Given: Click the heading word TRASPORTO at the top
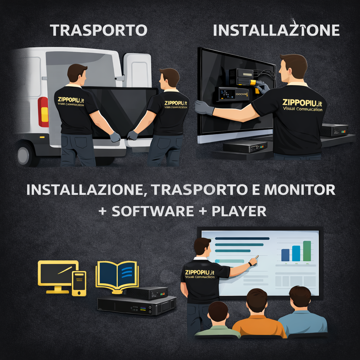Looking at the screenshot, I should click(98, 30).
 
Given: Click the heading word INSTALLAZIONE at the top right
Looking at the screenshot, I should click(276, 30).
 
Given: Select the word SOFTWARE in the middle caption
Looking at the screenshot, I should click(153, 211).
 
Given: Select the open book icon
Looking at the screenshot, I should click(117, 275).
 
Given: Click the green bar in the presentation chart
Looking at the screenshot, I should click(307, 251).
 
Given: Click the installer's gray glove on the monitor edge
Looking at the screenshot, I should click(204, 108).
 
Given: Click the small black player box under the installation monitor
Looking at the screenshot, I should click(245, 146).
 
